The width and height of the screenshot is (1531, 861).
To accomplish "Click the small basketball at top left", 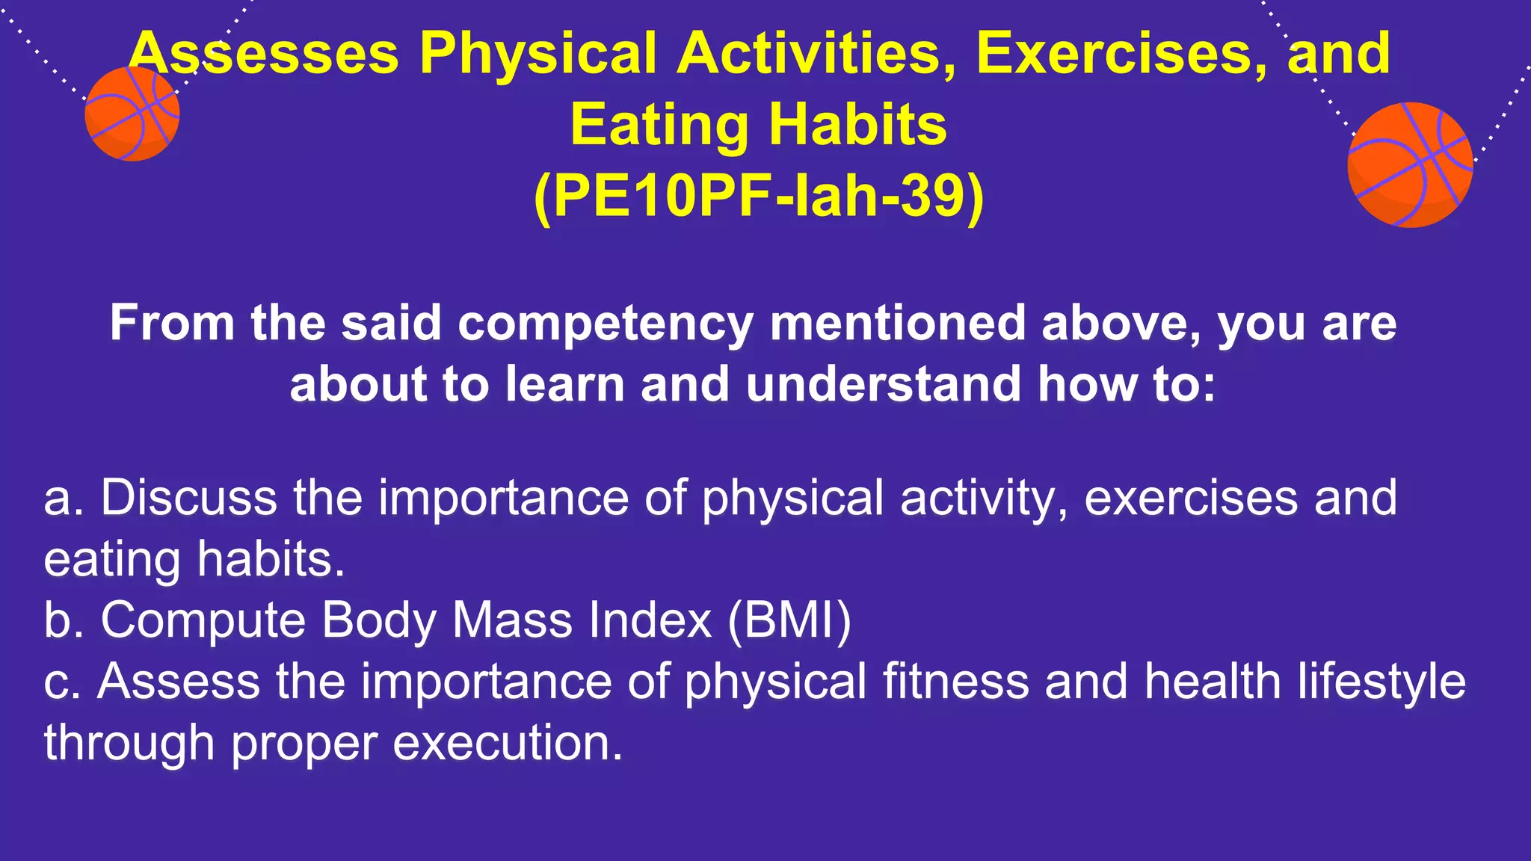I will pos(132,114).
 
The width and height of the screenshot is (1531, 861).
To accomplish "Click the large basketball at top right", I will pos(1410,164).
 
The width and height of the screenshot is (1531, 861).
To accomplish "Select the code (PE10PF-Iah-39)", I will pos(759,196).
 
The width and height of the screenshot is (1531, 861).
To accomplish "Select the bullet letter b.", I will pos(60,620).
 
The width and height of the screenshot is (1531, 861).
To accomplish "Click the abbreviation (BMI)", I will pos(789,620).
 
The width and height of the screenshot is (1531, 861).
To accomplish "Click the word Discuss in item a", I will pos(188,498).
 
